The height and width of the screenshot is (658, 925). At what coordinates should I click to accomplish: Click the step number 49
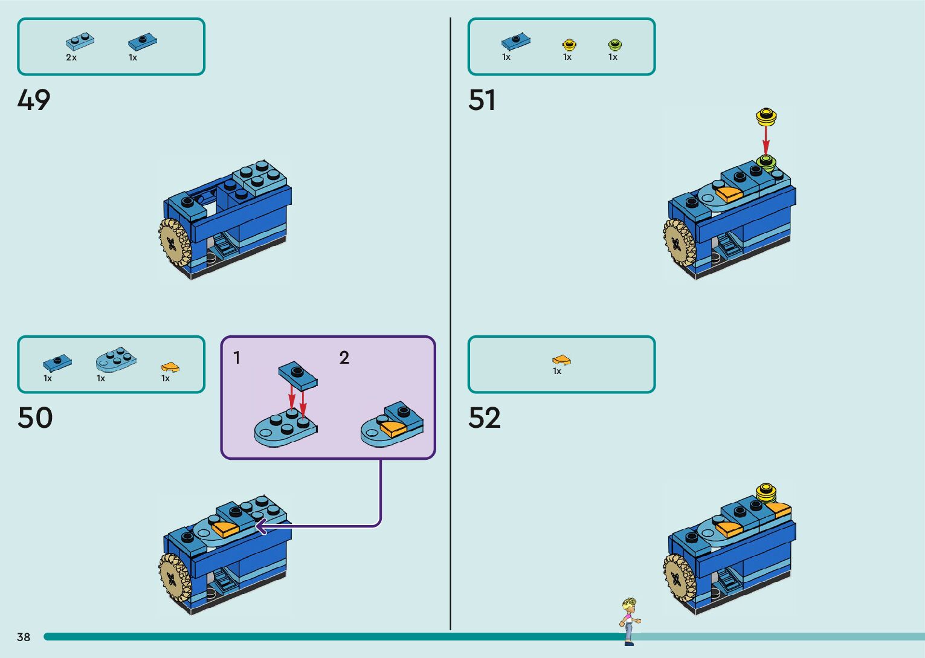[x=34, y=100]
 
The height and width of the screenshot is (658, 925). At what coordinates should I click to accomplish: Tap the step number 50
[x=35, y=418]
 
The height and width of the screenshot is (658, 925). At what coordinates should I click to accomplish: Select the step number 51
[x=482, y=100]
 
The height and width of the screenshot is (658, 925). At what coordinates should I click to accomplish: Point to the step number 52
[x=485, y=418]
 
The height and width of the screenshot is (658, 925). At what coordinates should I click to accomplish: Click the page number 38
[x=24, y=637]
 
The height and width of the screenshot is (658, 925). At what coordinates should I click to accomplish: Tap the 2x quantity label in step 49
[x=71, y=58]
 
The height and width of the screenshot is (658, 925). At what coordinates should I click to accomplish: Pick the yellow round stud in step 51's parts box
[x=569, y=45]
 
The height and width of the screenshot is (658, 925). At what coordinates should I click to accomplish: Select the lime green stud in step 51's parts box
[x=614, y=45]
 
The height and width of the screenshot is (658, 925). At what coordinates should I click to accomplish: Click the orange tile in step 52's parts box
[x=561, y=360]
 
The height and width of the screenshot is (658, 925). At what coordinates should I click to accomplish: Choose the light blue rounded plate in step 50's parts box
[x=115, y=360]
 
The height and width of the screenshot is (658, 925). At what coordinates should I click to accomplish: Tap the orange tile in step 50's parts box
[x=170, y=367]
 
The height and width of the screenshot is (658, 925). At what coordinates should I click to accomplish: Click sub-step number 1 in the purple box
[x=237, y=358]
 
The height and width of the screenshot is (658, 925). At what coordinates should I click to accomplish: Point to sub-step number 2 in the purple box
[x=344, y=358]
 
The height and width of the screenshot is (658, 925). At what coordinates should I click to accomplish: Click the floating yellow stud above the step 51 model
[x=766, y=116]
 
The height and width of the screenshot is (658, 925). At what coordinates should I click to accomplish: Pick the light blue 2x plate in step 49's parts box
[x=80, y=41]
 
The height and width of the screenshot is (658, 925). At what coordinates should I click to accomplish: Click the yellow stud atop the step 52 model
[x=765, y=492]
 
